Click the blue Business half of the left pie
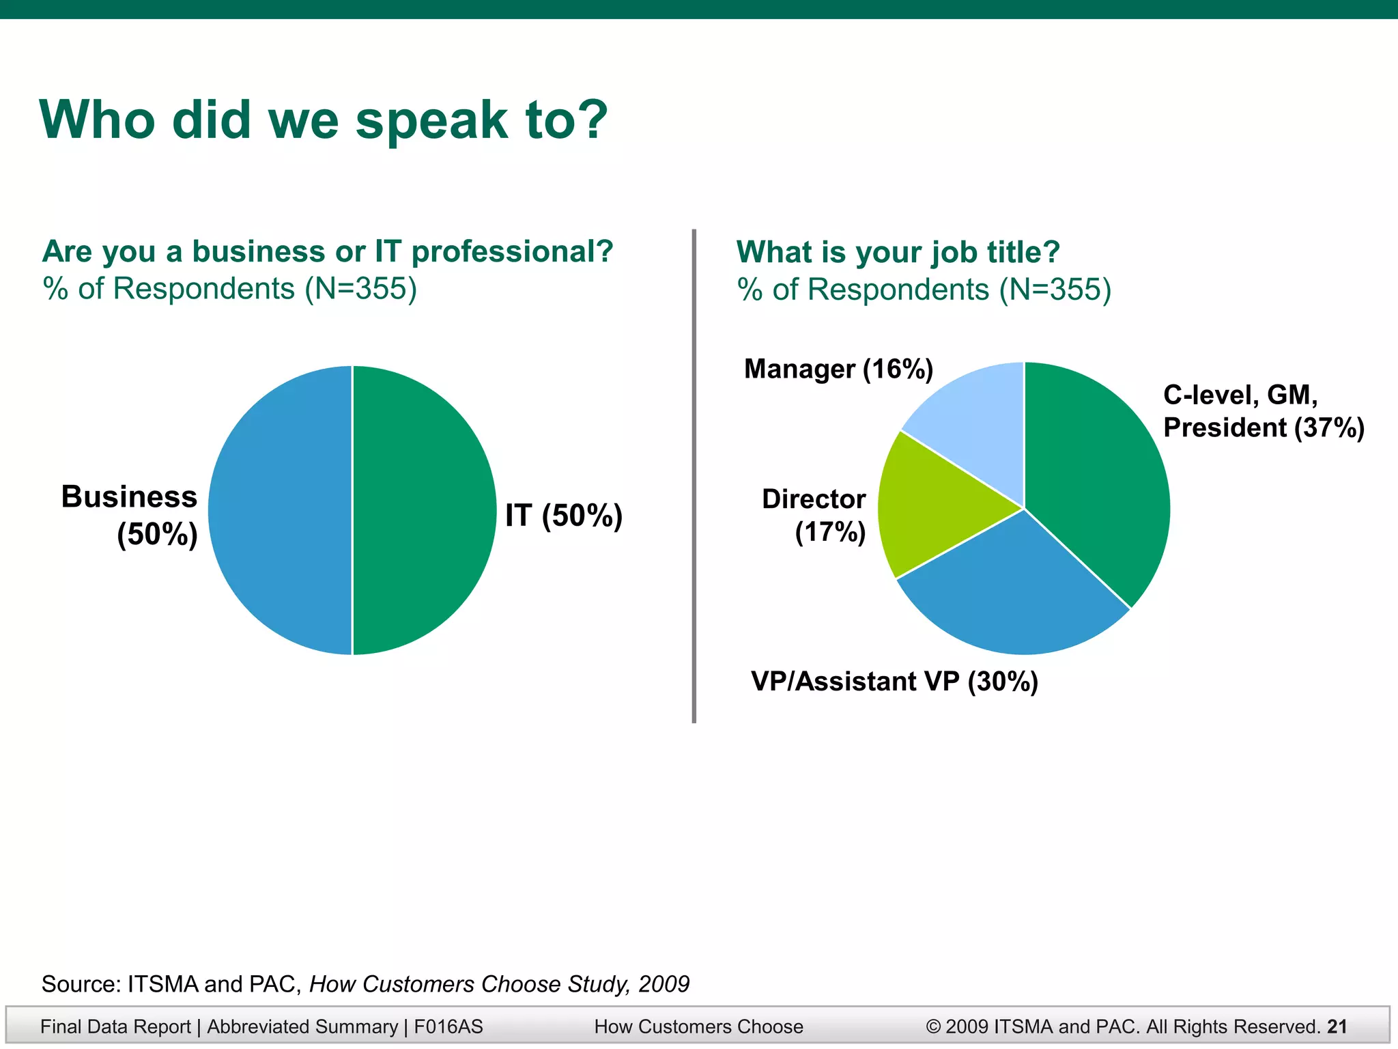click(x=280, y=510)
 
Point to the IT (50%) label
click(x=564, y=516)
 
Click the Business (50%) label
click(x=130, y=516)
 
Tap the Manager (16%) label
click(x=838, y=369)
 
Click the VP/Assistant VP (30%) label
click(x=894, y=682)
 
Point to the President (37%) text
click(x=1263, y=428)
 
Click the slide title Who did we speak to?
click(x=324, y=120)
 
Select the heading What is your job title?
click(x=898, y=252)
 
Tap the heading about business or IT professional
click(x=328, y=251)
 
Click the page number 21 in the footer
click(x=1337, y=1026)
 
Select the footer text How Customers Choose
click(x=698, y=1026)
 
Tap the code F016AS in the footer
click(x=448, y=1026)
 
